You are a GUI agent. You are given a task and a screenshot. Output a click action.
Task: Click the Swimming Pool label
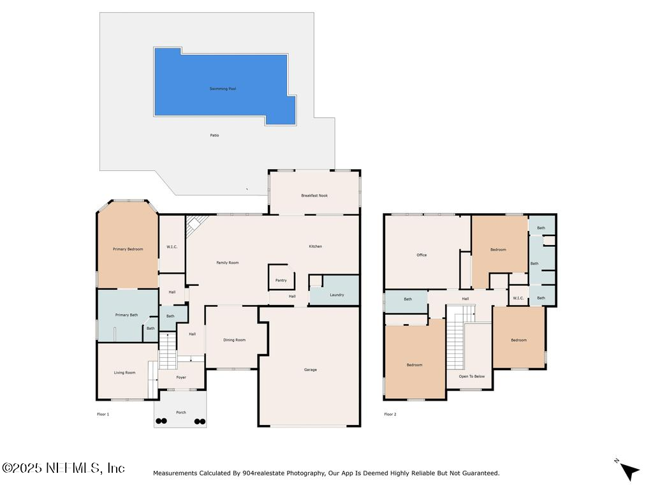(223, 89)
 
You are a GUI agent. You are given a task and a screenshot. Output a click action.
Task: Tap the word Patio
(215, 135)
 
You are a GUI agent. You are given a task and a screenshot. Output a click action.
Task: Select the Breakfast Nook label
(314, 195)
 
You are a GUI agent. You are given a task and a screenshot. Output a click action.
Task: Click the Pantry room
(281, 280)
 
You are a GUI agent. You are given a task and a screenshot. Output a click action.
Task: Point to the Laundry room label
(337, 295)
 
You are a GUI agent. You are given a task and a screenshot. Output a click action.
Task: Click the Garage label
(310, 369)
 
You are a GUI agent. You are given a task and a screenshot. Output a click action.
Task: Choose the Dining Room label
(234, 340)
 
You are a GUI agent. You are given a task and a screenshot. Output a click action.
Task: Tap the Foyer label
(181, 378)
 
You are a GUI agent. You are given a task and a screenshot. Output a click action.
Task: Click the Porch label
(181, 413)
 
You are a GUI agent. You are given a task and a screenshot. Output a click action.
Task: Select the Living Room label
(125, 373)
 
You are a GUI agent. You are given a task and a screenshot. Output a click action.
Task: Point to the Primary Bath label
(126, 315)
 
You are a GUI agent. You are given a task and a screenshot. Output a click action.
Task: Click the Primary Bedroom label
(128, 249)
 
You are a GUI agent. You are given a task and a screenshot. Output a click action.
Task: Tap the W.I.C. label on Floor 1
(172, 247)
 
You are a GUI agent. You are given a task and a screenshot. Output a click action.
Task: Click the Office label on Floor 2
(422, 255)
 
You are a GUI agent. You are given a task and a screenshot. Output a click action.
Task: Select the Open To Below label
(472, 376)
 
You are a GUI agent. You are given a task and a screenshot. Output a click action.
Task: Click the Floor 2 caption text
(390, 415)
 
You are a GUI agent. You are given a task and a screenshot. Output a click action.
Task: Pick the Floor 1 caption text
(103, 415)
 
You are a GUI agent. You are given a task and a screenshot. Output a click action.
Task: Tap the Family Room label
(228, 263)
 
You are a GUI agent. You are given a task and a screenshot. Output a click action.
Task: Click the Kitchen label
(315, 246)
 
